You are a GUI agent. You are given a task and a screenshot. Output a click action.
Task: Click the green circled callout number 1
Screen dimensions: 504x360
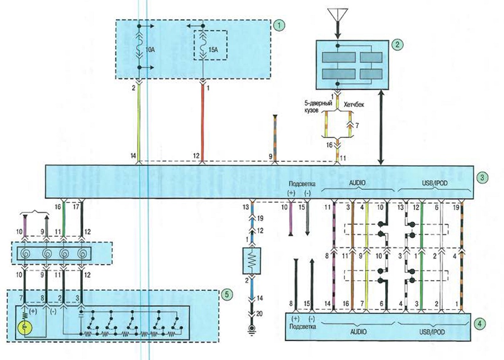tap(280, 24)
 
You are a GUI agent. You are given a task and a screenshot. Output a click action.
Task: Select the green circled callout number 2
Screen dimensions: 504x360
tap(397, 44)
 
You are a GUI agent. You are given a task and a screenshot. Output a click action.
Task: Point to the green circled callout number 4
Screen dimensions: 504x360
tap(480, 324)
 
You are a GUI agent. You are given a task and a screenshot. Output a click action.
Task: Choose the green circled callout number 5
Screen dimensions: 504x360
tap(227, 294)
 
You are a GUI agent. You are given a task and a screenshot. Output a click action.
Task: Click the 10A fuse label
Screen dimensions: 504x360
tap(150, 50)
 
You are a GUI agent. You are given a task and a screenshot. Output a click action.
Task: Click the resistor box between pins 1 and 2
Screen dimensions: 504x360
tap(252, 259)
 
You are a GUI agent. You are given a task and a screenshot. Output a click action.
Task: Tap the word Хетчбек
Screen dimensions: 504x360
tap(354, 105)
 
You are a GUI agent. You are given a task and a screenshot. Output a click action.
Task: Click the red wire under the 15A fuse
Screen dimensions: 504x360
tap(203, 122)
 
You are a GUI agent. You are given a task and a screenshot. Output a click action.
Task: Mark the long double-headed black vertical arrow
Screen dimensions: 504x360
tap(381, 127)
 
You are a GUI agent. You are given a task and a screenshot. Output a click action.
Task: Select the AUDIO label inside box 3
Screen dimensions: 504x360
tap(357, 183)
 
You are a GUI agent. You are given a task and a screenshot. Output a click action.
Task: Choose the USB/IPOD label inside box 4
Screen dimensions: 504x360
tap(433, 332)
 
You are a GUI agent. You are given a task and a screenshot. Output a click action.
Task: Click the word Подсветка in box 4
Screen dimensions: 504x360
tap(302, 327)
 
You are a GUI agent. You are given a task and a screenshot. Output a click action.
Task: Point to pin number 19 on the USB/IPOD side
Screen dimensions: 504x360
tap(456, 207)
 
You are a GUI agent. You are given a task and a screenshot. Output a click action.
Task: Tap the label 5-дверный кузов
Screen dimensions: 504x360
tap(313, 107)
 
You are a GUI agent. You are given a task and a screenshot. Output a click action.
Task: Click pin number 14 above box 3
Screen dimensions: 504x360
tap(133, 156)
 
